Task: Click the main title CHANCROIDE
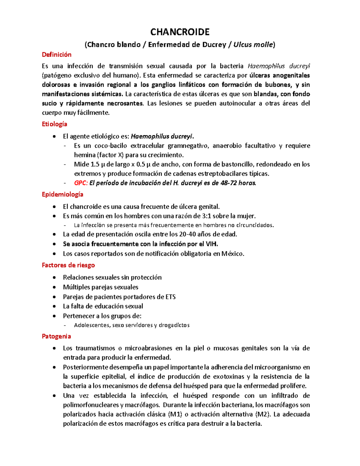pyautogui.click(x=180, y=32)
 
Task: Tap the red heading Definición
pyautogui.click(x=57, y=55)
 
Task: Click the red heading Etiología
pyautogui.click(x=55, y=124)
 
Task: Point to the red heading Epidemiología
pyautogui.click(x=63, y=194)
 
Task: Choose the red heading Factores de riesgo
pyautogui.click(x=68, y=265)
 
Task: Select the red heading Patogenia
pyautogui.click(x=56, y=336)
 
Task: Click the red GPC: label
pyautogui.click(x=81, y=183)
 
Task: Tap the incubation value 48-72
pyautogui.click(x=228, y=183)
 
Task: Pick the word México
pyautogui.click(x=233, y=254)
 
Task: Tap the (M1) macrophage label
pyautogui.click(x=175, y=414)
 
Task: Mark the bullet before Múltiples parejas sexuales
pyautogui.click(x=54, y=287)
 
